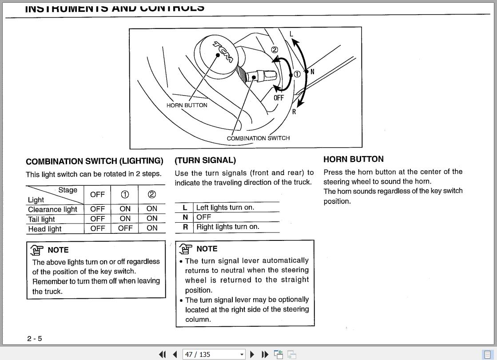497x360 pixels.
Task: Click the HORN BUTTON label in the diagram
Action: (187, 105)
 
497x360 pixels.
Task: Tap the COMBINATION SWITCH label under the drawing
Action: (258, 138)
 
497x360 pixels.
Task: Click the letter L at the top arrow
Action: (291, 34)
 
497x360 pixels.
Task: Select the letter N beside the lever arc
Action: (312, 72)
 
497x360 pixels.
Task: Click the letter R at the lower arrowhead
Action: (294, 112)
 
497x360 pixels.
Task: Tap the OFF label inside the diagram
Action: (278, 98)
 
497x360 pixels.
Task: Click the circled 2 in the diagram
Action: (274, 50)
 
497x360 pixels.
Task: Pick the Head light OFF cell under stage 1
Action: (125, 228)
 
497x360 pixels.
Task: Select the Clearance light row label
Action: (52, 209)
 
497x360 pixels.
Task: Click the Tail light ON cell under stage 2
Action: (152, 219)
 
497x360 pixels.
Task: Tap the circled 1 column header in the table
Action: (125, 195)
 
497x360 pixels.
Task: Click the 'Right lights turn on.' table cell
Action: (228, 227)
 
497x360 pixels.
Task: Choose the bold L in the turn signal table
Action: (185, 208)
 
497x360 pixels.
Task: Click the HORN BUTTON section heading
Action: (353, 159)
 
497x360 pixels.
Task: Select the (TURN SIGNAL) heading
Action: (205, 160)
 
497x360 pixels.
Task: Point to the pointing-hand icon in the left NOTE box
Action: (37, 250)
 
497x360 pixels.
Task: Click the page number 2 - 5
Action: (35, 339)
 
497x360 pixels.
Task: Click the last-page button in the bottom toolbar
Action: (265, 354)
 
